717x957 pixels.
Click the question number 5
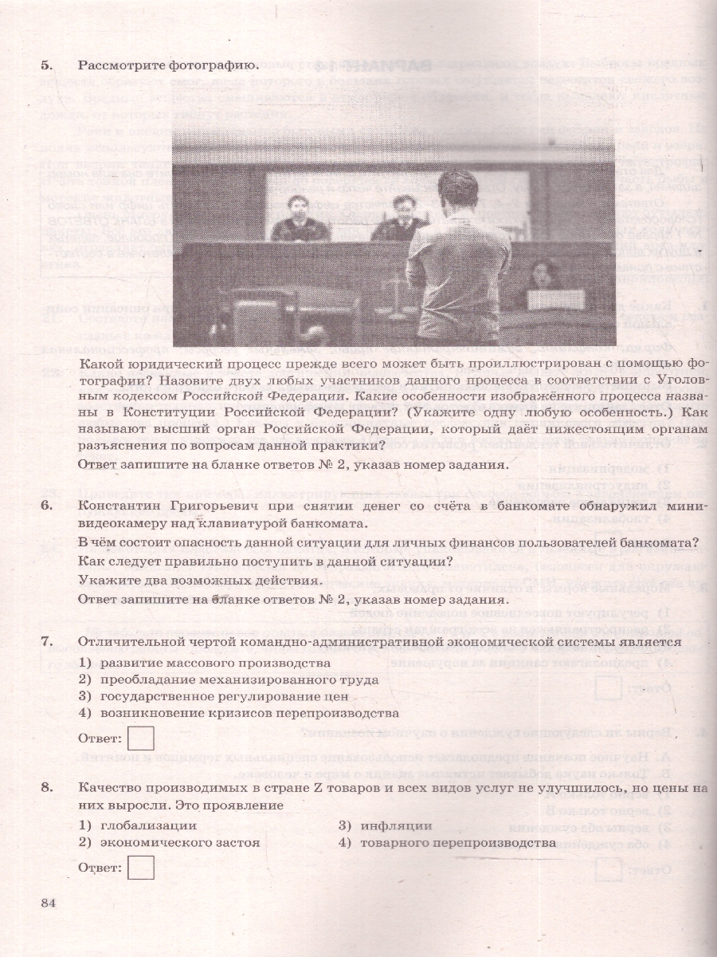(45, 65)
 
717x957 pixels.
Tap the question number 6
(45, 506)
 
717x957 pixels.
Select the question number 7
(45, 642)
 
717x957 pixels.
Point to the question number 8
(45, 788)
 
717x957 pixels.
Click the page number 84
(49, 902)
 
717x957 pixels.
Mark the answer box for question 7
(140, 737)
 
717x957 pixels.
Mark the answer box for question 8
(140, 867)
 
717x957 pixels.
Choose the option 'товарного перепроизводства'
(457, 842)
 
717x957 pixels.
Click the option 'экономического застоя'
(180, 842)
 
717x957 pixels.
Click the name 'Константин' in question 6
(117, 506)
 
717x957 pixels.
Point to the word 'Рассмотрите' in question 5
(119, 65)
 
